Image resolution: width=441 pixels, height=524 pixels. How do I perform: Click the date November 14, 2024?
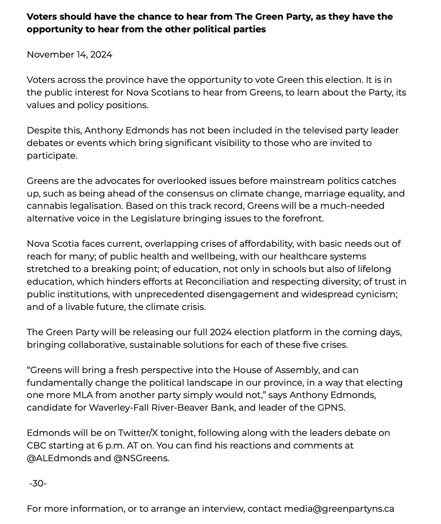click(69, 55)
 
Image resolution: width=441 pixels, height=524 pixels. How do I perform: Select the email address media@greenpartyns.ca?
click(339, 509)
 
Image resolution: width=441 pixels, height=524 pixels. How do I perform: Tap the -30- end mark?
click(38, 483)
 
